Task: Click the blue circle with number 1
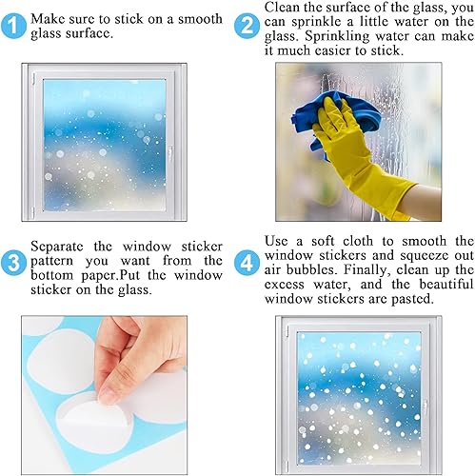tap(15, 26)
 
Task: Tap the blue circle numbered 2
tap(247, 26)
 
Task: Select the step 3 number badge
tap(15, 259)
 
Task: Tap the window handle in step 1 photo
tap(169, 151)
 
